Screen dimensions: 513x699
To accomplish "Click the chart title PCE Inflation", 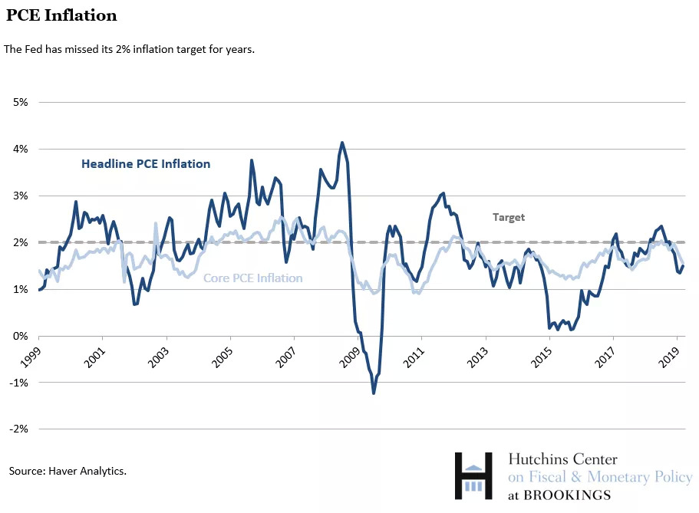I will pos(62,15).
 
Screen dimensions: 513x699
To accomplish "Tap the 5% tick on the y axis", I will pos(18,102).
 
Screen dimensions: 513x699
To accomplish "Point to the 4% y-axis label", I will pos(18,149).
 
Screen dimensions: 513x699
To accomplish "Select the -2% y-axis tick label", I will pos(17,429).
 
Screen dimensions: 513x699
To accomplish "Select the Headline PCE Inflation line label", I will pos(146,163).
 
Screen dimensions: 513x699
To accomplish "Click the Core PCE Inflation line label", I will pos(252,278).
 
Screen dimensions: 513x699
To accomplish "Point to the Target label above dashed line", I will pos(509,217).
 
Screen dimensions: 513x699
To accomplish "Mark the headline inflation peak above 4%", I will pos(342,143).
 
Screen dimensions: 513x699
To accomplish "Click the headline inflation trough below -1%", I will pos(374,393).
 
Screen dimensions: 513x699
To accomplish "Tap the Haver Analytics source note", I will pos(68,470).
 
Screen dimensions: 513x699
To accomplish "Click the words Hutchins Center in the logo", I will pos(562,459).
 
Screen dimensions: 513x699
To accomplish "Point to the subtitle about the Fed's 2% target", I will pos(129,49).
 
